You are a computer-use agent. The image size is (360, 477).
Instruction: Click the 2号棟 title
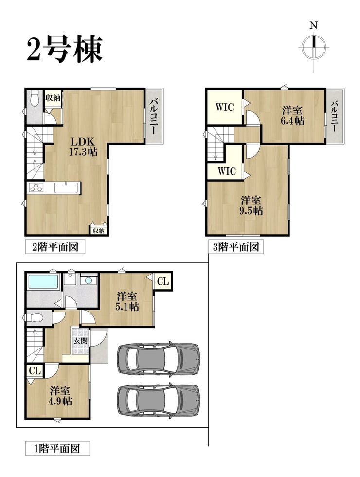click(x=64, y=49)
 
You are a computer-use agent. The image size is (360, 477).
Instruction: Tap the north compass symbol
click(x=314, y=47)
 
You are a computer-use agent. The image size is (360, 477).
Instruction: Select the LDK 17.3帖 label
click(x=83, y=147)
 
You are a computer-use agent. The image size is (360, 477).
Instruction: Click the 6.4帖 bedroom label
click(x=292, y=115)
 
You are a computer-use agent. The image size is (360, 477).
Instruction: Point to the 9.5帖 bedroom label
click(x=251, y=205)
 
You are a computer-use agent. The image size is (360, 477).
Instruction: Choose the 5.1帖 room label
click(x=127, y=301)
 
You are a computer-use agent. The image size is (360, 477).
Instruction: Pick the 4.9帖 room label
click(x=60, y=396)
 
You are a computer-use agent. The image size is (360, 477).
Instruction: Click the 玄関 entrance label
click(x=81, y=340)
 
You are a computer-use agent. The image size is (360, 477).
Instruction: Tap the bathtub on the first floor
click(x=43, y=282)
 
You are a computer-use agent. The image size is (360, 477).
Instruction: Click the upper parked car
click(x=158, y=359)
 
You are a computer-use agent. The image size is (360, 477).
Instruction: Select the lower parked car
click(x=158, y=400)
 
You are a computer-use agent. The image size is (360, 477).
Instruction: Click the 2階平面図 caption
click(x=55, y=247)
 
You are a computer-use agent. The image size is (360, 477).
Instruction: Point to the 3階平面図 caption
click(x=235, y=247)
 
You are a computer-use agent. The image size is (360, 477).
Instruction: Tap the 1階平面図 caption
click(x=57, y=448)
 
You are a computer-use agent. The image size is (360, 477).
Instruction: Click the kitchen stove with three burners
click(x=36, y=188)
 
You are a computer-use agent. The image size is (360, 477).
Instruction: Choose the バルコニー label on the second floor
click(x=154, y=116)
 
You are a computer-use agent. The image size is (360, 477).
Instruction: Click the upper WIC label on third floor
click(x=225, y=107)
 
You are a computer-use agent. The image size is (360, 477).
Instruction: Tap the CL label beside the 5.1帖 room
click(x=163, y=281)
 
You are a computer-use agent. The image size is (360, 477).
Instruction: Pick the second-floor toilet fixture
click(x=34, y=98)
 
